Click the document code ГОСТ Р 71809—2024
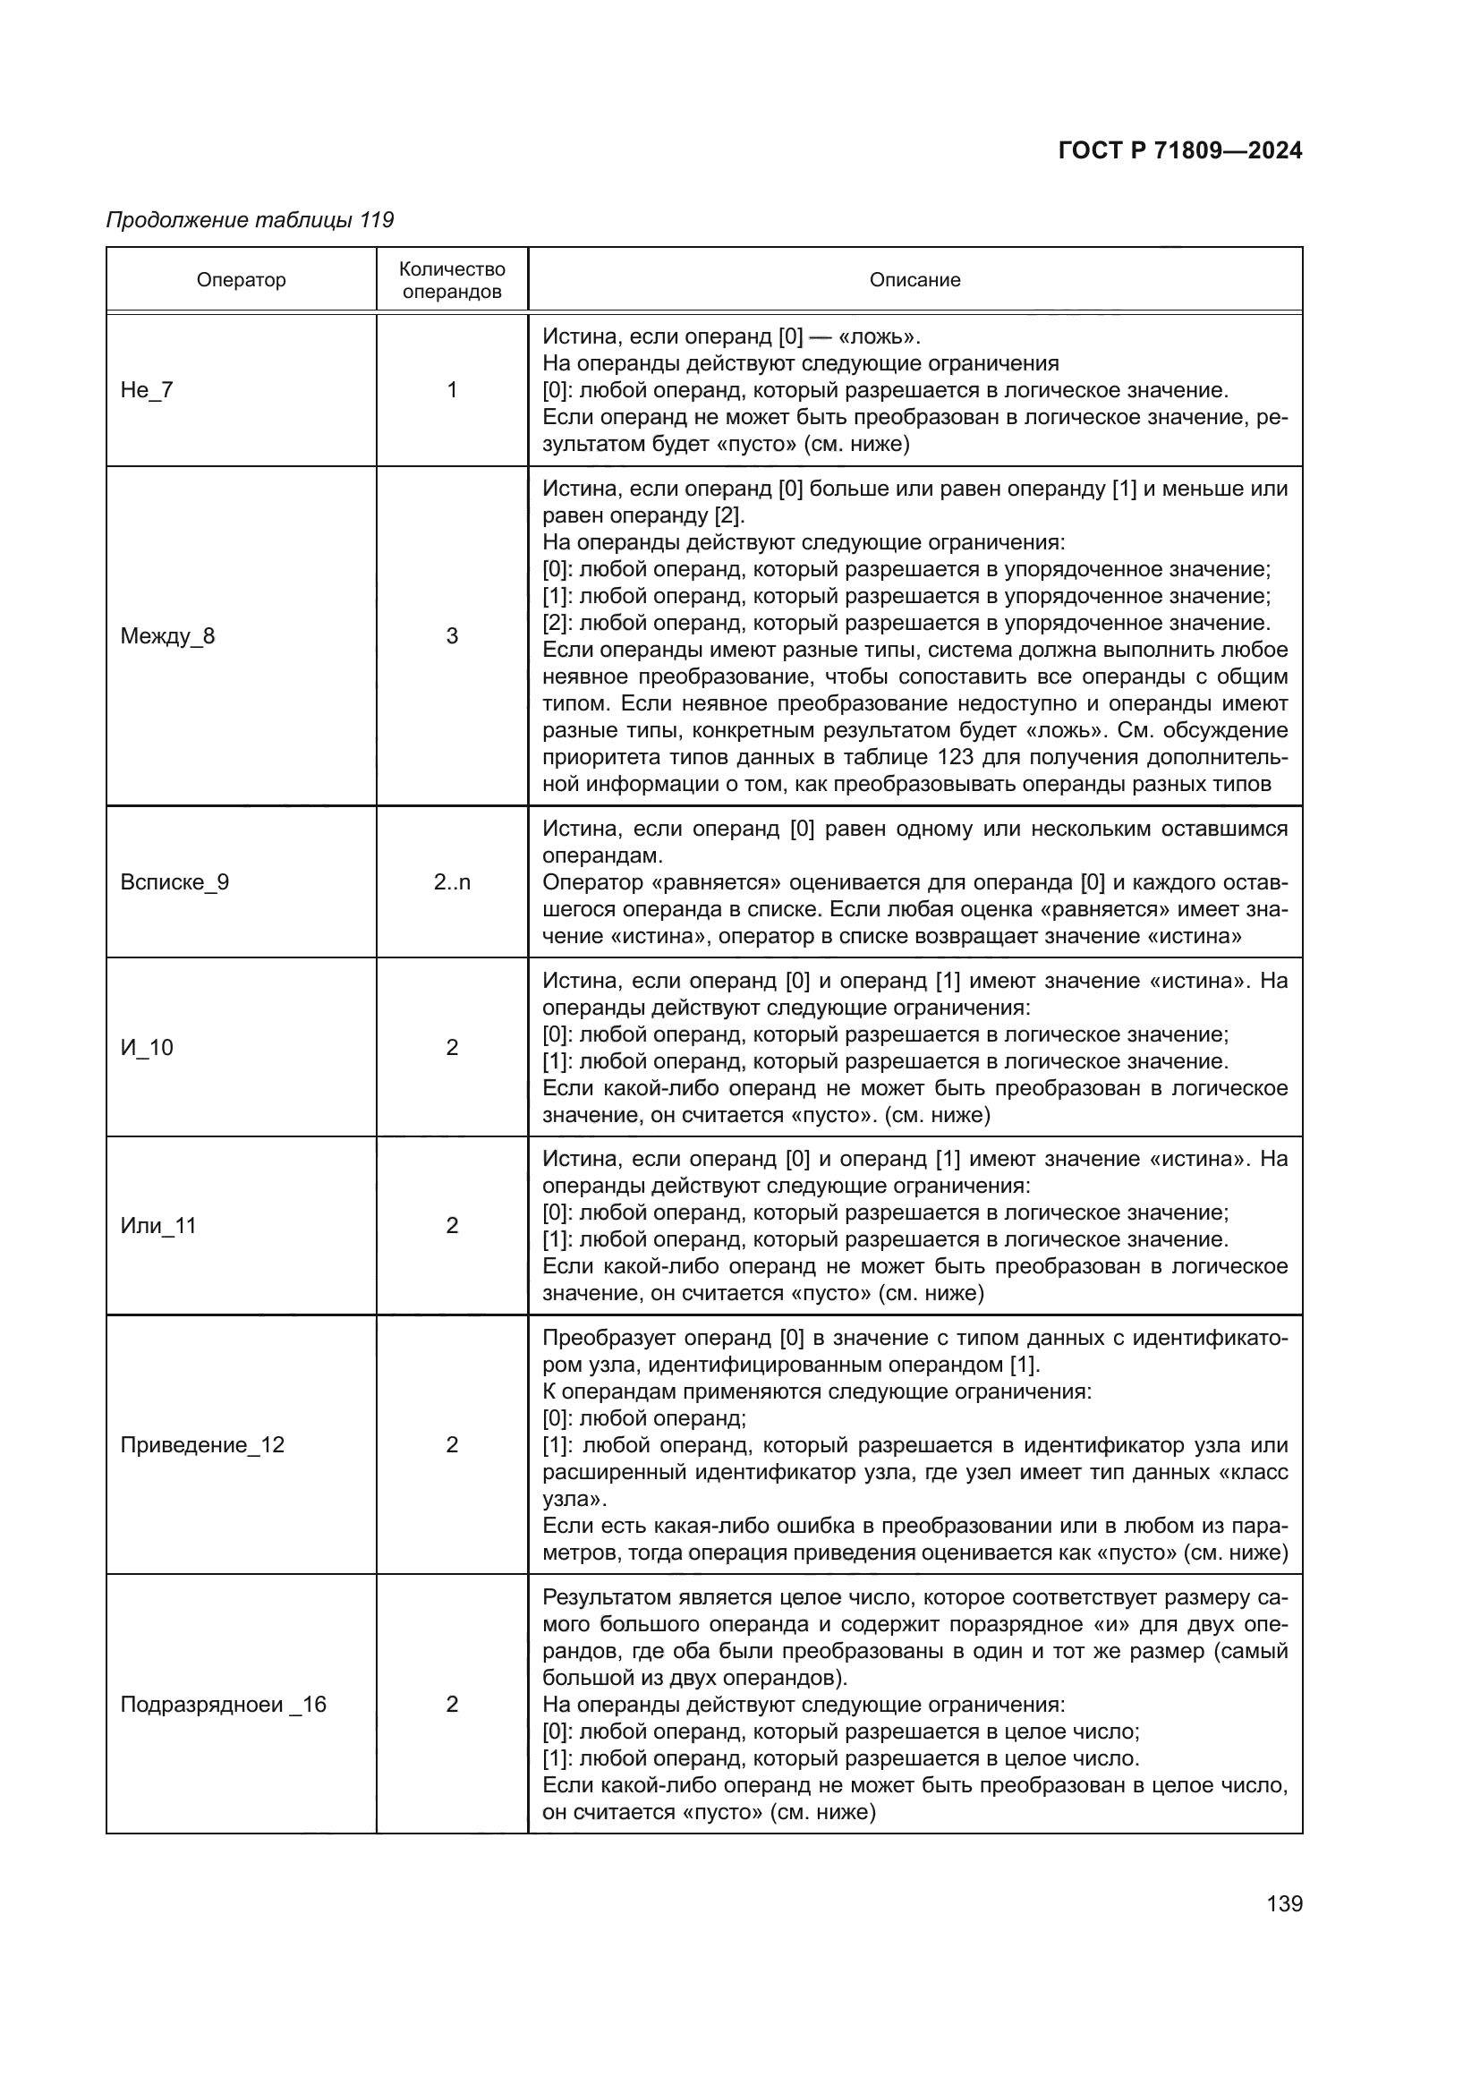tap(1180, 151)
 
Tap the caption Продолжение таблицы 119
tap(250, 220)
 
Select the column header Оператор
tap(241, 280)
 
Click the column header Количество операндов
tap(452, 280)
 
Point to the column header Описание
tap(914, 280)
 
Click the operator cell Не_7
tap(147, 390)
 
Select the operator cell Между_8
tap(167, 636)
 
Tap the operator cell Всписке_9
tap(175, 882)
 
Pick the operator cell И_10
tap(147, 1048)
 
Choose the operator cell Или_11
tap(158, 1226)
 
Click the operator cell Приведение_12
tap(202, 1445)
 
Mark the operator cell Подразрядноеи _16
tap(224, 1705)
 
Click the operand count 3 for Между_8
tap(452, 636)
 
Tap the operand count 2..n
tap(452, 882)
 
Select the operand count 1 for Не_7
tap(452, 390)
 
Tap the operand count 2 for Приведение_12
tap(452, 1445)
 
